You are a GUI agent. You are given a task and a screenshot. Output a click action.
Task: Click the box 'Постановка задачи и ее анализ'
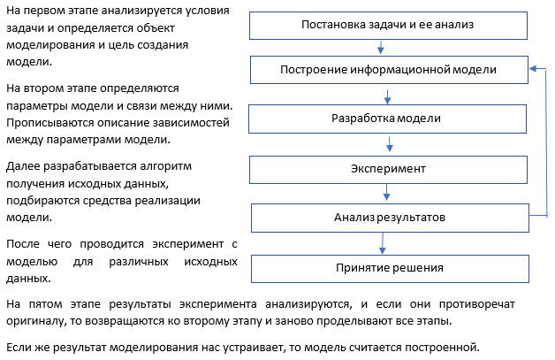click(x=388, y=26)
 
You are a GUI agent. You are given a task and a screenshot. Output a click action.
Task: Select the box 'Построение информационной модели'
click(x=390, y=70)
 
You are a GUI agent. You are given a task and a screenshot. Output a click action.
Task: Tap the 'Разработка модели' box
click(x=388, y=119)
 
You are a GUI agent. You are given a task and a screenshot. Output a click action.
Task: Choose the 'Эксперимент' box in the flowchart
click(x=388, y=170)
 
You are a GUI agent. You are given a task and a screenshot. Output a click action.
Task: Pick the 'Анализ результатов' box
click(x=390, y=218)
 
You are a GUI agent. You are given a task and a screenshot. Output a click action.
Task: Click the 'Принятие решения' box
click(x=390, y=269)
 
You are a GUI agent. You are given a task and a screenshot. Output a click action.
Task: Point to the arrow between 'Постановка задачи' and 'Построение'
click(x=381, y=48)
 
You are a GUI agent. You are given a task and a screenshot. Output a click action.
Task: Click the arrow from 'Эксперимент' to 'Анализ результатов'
click(x=386, y=193)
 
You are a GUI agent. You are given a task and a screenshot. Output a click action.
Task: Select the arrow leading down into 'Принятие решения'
click(x=383, y=243)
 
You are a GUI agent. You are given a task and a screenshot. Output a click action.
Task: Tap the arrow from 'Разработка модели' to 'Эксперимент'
click(x=390, y=144)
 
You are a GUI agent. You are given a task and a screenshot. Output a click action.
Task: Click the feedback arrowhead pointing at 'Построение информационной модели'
click(x=533, y=69)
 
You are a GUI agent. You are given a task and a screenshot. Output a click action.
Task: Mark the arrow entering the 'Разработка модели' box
click(x=388, y=96)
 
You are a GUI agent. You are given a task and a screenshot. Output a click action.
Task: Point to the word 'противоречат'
click(x=476, y=304)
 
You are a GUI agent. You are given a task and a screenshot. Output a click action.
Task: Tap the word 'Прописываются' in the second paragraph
click(x=49, y=123)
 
